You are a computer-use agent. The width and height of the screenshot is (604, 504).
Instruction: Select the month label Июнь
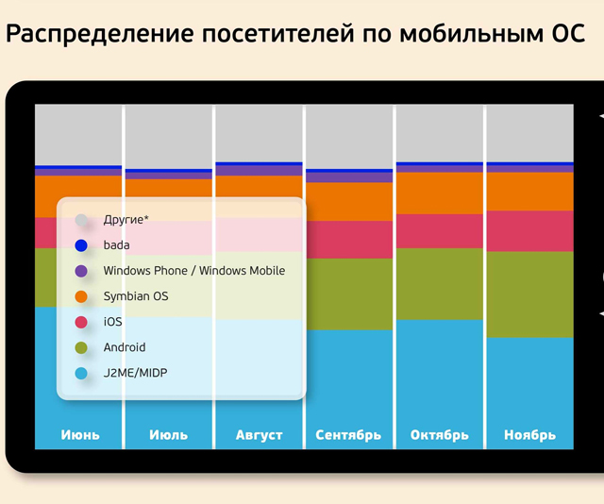click(79, 435)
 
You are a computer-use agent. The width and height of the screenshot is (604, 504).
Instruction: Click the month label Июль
click(168, 435)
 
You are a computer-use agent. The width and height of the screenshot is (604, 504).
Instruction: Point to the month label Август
click(259, 435)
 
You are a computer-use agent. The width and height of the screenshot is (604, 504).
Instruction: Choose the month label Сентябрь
click(348, 435)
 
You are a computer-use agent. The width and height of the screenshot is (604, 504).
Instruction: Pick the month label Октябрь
click(439, 435)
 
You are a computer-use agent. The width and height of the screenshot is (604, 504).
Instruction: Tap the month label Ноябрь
click(529, 435)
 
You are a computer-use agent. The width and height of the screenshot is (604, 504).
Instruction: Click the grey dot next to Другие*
click(81, 220)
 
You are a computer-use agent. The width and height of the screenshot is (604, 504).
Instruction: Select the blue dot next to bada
click(81, 245)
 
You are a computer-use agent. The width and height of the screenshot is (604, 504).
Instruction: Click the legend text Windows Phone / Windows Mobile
click(193, 271)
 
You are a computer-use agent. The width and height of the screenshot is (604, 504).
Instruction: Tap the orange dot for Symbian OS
click(81, 296)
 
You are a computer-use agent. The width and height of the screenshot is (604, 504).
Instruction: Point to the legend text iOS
click(112, 322)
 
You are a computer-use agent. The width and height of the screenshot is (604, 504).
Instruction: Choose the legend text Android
click(125, 347)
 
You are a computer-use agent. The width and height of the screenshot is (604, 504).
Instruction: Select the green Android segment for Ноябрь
click(529, 293)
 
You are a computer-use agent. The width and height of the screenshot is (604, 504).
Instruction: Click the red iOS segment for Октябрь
click(439, 230)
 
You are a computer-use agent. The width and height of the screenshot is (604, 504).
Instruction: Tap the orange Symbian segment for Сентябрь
click(348, 201)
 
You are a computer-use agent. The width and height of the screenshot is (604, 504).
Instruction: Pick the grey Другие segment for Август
click(259, 132)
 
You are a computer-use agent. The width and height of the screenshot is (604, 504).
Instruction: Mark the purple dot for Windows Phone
click(81, 271)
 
